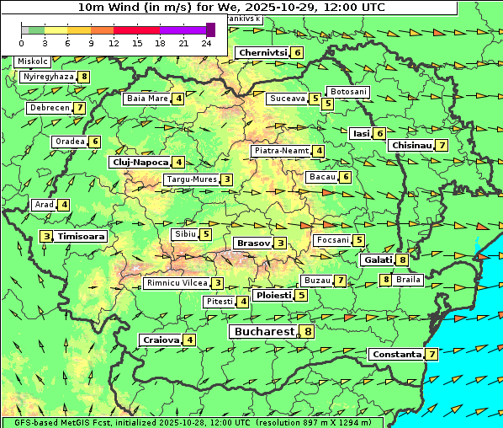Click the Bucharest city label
(262, 332)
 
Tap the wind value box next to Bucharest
(309, 332)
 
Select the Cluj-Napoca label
(140, 162)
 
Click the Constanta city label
(396, 354)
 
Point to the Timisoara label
(82, 237)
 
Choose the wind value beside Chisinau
(442, 145)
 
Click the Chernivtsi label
(262, 52)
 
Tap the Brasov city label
(252, 243)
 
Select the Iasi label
(361, 133)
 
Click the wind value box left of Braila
(385, 280)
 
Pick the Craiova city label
(161, 340)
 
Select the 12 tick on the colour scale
(114, 43)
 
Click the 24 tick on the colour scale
(206, 43)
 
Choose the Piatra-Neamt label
(282, 151)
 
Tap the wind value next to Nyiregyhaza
(84, 77)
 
